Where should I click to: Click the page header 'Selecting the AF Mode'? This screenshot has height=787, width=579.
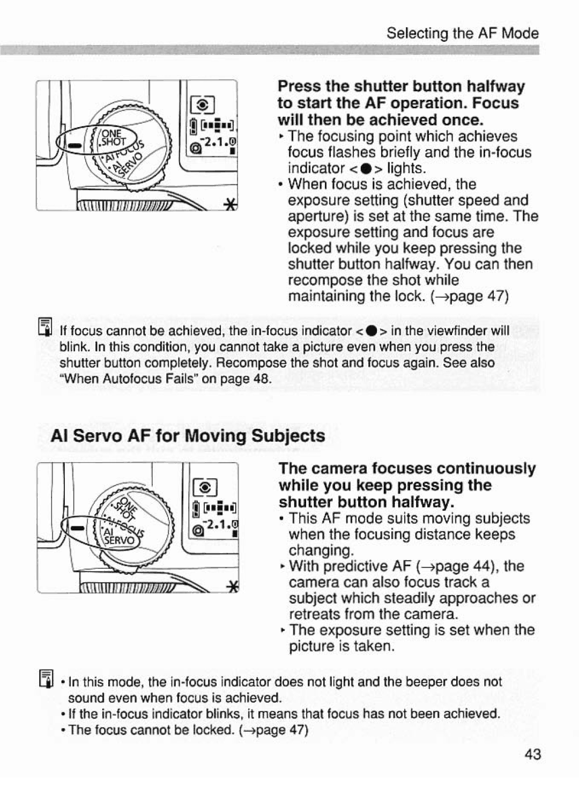click(x=462, y=33)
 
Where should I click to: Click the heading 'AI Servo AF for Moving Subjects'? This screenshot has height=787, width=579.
click(x=188, y=435)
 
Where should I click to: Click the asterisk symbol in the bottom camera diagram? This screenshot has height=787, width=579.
click(x=232, y=588)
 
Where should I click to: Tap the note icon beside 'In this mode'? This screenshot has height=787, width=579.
click(x=45, y=678)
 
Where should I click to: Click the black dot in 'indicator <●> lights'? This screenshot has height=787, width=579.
click(x=365, y=168)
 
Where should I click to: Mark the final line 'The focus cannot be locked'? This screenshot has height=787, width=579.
click(x=188, y=730)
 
